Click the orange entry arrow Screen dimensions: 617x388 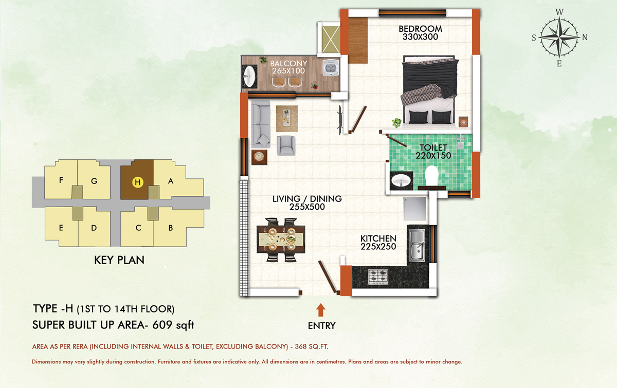point(320,310)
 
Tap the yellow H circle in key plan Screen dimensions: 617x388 point(138,182)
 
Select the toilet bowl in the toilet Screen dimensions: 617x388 point(431,176)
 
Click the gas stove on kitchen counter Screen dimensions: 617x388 point(378,277)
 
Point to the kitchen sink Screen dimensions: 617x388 point(417,245)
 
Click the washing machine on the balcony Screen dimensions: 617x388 point(330,67)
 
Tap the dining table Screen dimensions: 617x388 point(281,239)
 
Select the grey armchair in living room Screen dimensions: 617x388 point(286,145)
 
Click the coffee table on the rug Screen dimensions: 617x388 point(287,118)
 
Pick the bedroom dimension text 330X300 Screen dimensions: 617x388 point(421,37)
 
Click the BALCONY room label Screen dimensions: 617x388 point(288,63)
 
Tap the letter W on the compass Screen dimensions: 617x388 point(559,12)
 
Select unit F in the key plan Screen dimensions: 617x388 point(61,180)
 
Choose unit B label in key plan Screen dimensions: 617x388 point(171,228)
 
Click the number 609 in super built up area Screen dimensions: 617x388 point(162,325)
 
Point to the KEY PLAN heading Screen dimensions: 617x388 point(119,260)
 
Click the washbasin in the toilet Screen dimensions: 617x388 point(401,181)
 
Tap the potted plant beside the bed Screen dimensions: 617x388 point(396,122)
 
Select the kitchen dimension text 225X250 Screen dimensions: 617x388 point(378,247)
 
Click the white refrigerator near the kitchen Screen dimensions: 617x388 point(415,209)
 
